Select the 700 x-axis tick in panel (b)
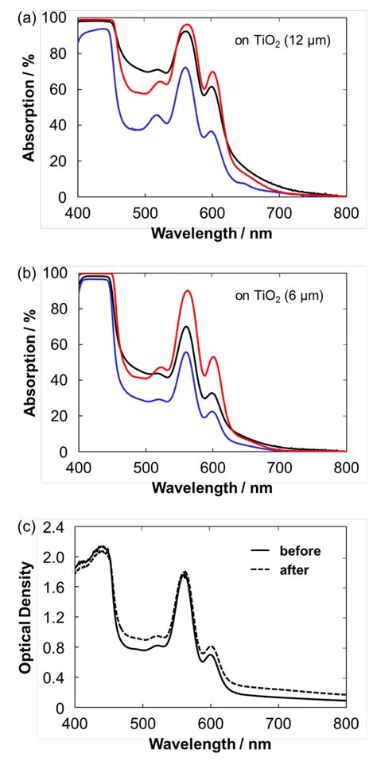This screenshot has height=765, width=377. (279, 466)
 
